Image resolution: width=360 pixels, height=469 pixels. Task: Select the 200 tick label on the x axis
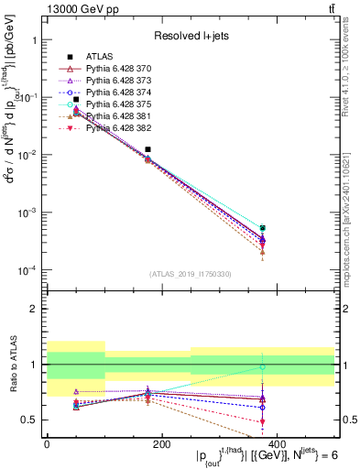tap(161, 443)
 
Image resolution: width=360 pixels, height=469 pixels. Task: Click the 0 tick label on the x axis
tap(47, 443)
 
